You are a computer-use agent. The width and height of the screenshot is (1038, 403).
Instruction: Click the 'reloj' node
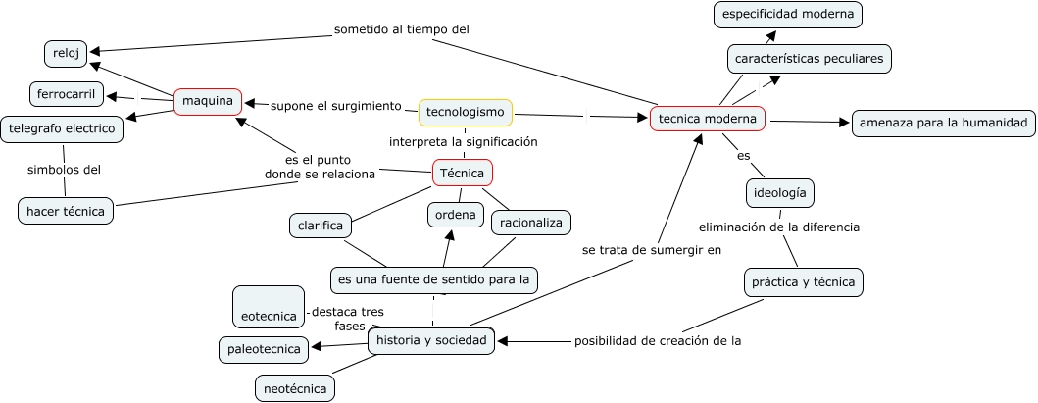(66, 53)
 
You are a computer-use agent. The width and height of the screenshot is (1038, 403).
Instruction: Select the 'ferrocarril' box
(66, 95)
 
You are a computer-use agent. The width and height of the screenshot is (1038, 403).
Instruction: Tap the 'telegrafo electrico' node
(63, 128)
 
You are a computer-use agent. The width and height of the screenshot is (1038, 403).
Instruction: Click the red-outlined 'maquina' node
(208, 101)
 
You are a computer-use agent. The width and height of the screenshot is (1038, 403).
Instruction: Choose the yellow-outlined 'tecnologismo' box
(466, 113)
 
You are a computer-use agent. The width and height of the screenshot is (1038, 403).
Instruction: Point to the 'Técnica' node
(463, 174)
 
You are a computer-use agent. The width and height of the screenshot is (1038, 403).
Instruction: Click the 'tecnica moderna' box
(708, 119)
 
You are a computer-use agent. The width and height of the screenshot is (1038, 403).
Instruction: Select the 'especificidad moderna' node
(788, 14)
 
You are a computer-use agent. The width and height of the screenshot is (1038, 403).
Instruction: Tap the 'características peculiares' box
(810, 59)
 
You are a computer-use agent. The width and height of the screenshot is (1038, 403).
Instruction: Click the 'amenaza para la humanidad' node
(943, 123)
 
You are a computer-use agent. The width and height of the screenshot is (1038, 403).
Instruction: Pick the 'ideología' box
(780, 193)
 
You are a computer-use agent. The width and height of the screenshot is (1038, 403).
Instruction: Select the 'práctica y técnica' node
(803, 282)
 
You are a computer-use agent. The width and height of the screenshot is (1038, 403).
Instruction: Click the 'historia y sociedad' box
(431, 340)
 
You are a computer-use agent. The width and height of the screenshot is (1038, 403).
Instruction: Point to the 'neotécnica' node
(295, 388)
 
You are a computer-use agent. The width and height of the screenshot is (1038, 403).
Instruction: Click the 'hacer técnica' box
(67, 211)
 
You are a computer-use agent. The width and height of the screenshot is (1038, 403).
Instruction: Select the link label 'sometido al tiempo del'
(402, 29)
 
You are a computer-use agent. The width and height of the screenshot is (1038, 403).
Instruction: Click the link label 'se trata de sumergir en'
(651, 250)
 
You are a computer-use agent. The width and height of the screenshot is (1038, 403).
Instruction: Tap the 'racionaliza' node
(531, 223)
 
